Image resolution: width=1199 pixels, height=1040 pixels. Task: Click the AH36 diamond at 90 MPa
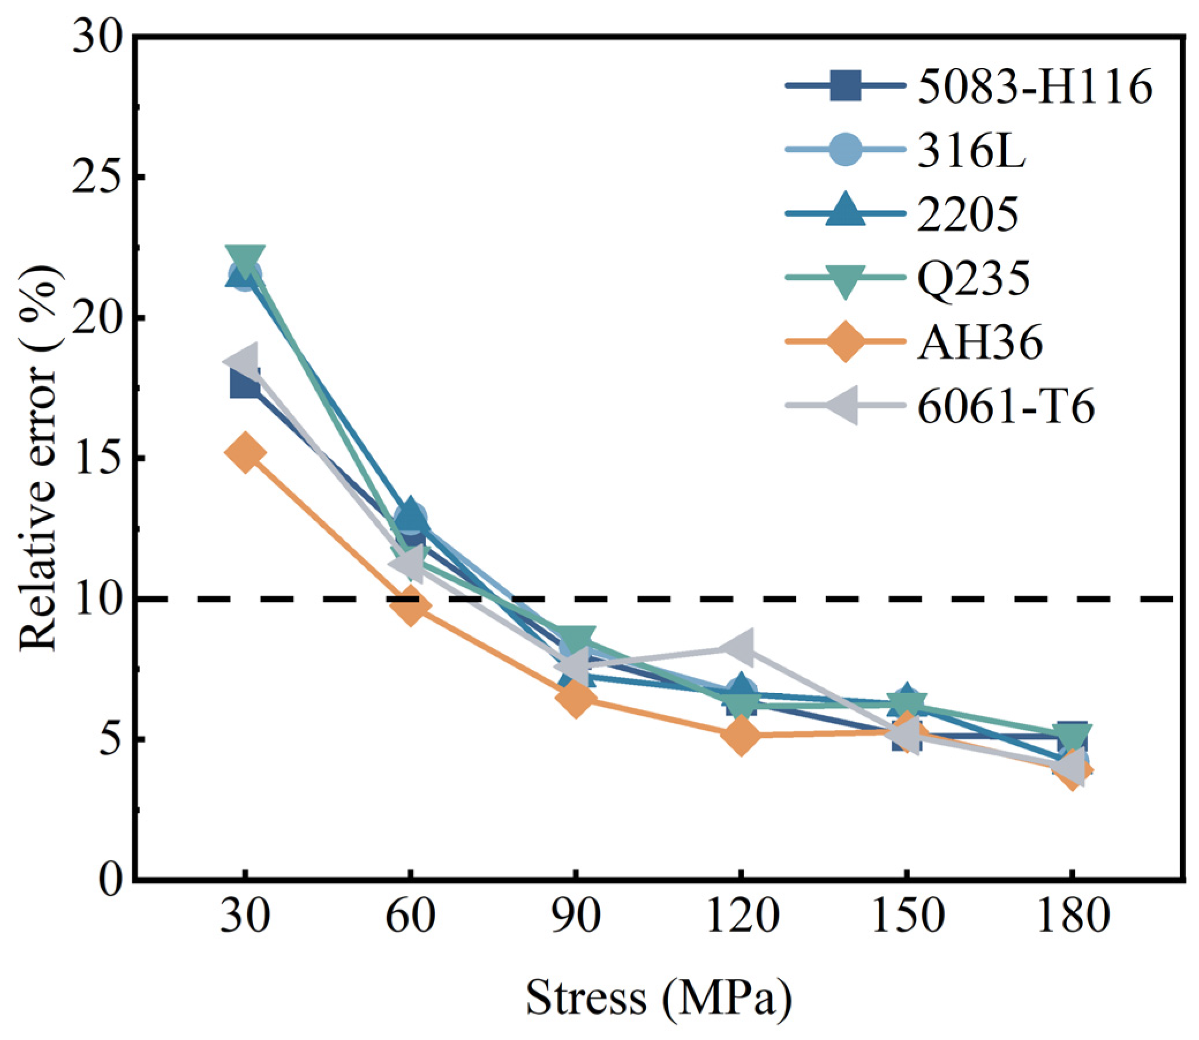(576, 698)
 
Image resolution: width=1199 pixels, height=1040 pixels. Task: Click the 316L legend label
(971, 151)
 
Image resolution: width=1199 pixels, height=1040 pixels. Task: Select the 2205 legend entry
(967, 214)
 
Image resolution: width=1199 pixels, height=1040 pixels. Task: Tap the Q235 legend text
(974, 280)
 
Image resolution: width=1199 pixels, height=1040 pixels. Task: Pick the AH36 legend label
(979, 343)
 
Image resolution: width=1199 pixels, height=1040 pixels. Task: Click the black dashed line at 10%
(659, 598)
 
